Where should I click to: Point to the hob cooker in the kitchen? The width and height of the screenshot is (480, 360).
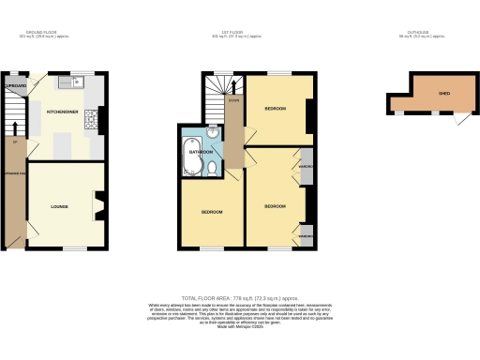click(x=92, y=119)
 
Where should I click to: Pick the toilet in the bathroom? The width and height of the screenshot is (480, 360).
click(x=214, y=168)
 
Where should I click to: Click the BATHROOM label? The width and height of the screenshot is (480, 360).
click(x=201, y=150)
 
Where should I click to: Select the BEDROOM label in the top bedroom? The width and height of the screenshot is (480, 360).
click(x=276, y=108)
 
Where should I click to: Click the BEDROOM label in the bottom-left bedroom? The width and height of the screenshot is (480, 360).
click(x=211, y=212)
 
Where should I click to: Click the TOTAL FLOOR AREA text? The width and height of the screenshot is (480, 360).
click(x=240, y=296)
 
